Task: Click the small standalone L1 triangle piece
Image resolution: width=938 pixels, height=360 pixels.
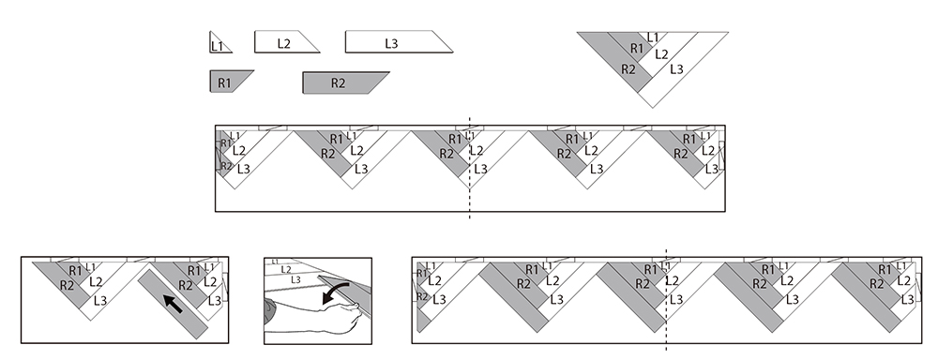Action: click(218, 44)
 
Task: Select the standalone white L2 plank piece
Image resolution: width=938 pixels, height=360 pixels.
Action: click(286, 42)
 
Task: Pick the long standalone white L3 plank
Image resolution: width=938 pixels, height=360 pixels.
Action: click(399, 42)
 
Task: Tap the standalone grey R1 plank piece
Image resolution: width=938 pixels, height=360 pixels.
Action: click(229, 82)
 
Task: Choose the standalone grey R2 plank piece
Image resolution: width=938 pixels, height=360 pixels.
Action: click(345, 82)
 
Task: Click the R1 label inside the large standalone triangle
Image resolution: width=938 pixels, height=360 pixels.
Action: click(637, 49)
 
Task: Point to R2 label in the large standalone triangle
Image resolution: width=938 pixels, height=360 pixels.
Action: click(628, 69)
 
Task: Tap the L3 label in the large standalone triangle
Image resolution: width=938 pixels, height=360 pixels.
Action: click(676, 69)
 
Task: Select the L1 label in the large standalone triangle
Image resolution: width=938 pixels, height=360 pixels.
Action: click(653, 37)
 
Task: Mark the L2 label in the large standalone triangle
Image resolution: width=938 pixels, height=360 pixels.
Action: click(661, 54)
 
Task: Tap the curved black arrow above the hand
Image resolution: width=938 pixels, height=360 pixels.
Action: click(335, 293)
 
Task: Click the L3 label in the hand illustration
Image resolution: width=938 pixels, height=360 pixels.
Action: click(295, 280)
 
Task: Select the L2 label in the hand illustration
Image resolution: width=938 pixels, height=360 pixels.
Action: click(286, 270)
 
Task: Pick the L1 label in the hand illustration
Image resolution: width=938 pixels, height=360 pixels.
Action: click(275, 262)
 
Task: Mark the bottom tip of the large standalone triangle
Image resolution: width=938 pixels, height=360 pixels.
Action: click(653, 108)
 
